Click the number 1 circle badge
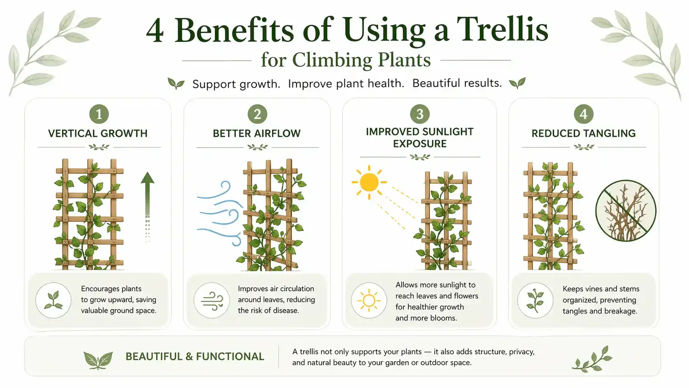coord(99,114)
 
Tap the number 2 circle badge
coord(258,114)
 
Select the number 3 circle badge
coord(420,114)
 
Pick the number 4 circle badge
coord(584,114)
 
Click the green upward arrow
coord(148,207)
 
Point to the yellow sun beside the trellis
coord(369,182)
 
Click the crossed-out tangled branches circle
coord(626,211)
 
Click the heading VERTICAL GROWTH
coord(98,134)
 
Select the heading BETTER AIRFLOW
coord(257,134)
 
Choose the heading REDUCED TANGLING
coord(584,134)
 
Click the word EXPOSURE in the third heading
coord(420,143)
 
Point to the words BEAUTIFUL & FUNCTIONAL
coord(195,356)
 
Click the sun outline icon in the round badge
coord(369,300)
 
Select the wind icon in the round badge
coord(212,301)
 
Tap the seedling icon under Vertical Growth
coord(53,300)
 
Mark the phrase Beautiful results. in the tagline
coord(457,83)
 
